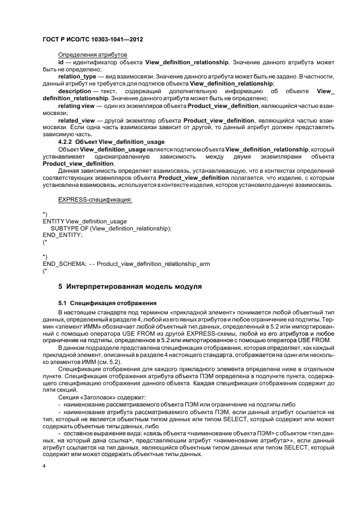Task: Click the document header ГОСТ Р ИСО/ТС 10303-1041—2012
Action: tap(93, 40)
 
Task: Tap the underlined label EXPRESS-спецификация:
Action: tap(95, 199)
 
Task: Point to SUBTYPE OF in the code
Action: tap(70, 228)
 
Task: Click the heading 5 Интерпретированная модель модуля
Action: tap(130, 286)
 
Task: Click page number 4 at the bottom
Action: tap(44, 466)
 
